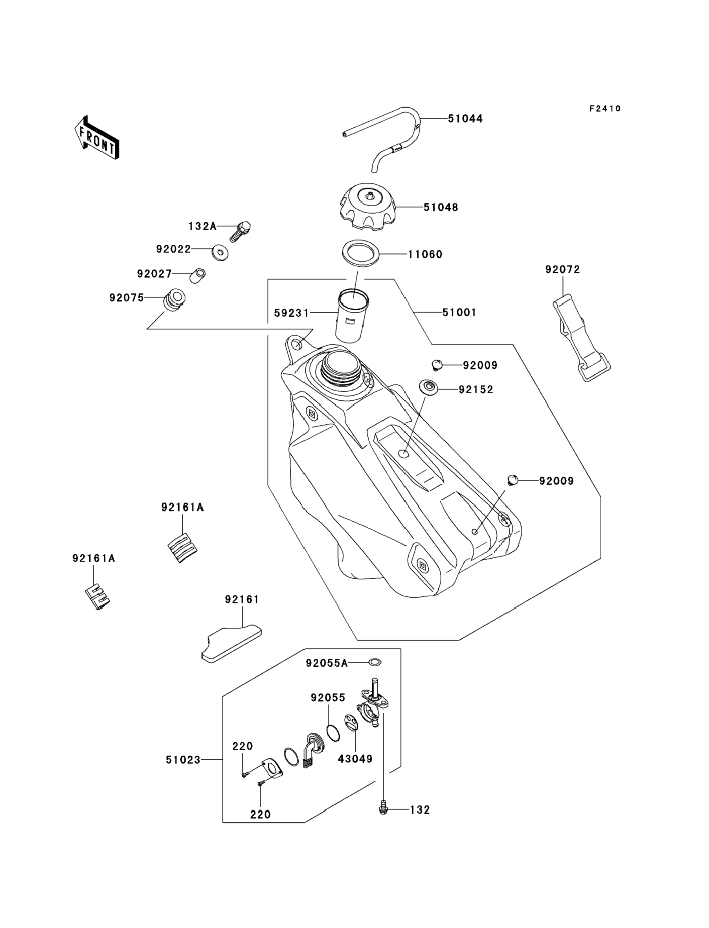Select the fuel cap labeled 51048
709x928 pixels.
(x=368, y=207)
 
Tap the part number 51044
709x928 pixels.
(x=465, y=119)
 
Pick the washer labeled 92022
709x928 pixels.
(x=220, y=253)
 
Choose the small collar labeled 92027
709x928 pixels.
(x=197, y=275)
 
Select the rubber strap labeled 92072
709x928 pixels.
(x=581, y=337)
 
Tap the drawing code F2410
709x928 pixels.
(x=605, y=109)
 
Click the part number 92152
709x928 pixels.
(x=476, y=389)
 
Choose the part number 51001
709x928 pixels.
(x=459, y=313)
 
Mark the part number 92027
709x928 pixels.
(x=154, y=274)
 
